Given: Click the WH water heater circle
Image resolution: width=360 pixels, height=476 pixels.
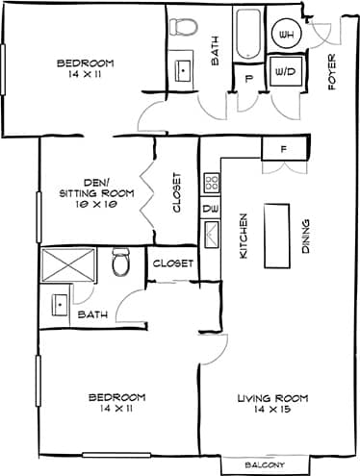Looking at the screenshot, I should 286,35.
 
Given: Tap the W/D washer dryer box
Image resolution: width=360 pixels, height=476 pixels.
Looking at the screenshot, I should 286,72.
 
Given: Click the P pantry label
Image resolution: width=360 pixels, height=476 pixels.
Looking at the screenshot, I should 248,80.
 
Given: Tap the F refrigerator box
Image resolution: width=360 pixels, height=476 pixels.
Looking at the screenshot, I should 283,149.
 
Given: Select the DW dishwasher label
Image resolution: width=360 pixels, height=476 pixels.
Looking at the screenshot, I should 208,208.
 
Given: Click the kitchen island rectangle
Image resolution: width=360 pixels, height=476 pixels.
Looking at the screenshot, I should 277,235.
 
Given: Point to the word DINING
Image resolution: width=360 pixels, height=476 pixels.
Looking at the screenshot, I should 305,236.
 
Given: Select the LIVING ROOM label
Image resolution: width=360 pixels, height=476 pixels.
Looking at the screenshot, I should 273,402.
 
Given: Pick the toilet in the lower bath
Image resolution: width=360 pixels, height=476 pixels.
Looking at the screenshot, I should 120,260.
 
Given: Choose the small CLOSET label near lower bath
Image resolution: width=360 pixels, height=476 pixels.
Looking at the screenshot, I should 173,262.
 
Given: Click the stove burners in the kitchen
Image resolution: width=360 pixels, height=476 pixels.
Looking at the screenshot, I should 211,181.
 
